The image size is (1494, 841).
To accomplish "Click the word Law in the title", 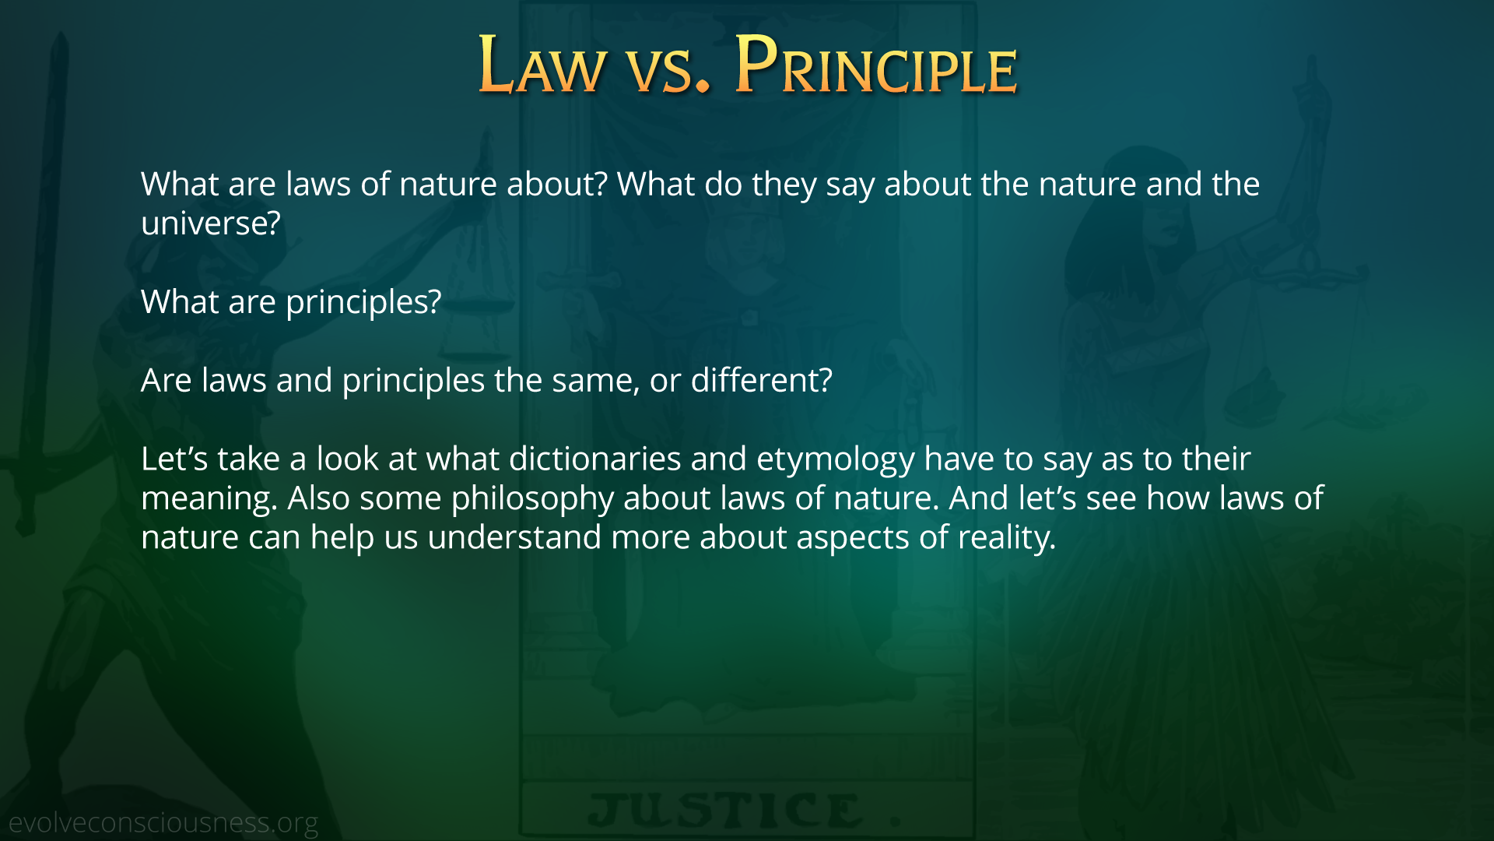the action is (x=542, y=65).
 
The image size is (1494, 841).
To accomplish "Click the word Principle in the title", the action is (x=876, y=65).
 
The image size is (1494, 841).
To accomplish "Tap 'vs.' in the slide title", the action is (x=669, y=72).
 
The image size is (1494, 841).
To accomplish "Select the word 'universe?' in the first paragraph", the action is (x=210, y=223).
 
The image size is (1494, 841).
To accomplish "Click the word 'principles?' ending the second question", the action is (x=363, y=302).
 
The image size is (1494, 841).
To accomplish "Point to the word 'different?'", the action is (x=762, y=380).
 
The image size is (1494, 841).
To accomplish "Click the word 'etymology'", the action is (x=836, y=459).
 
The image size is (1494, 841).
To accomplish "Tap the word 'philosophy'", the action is (x=532, y=498).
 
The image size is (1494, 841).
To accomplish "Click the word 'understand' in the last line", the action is (x=514, y=537).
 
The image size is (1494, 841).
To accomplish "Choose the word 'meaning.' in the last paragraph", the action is (x=209, y=498).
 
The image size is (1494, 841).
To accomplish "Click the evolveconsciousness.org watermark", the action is (x=163, y=822).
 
